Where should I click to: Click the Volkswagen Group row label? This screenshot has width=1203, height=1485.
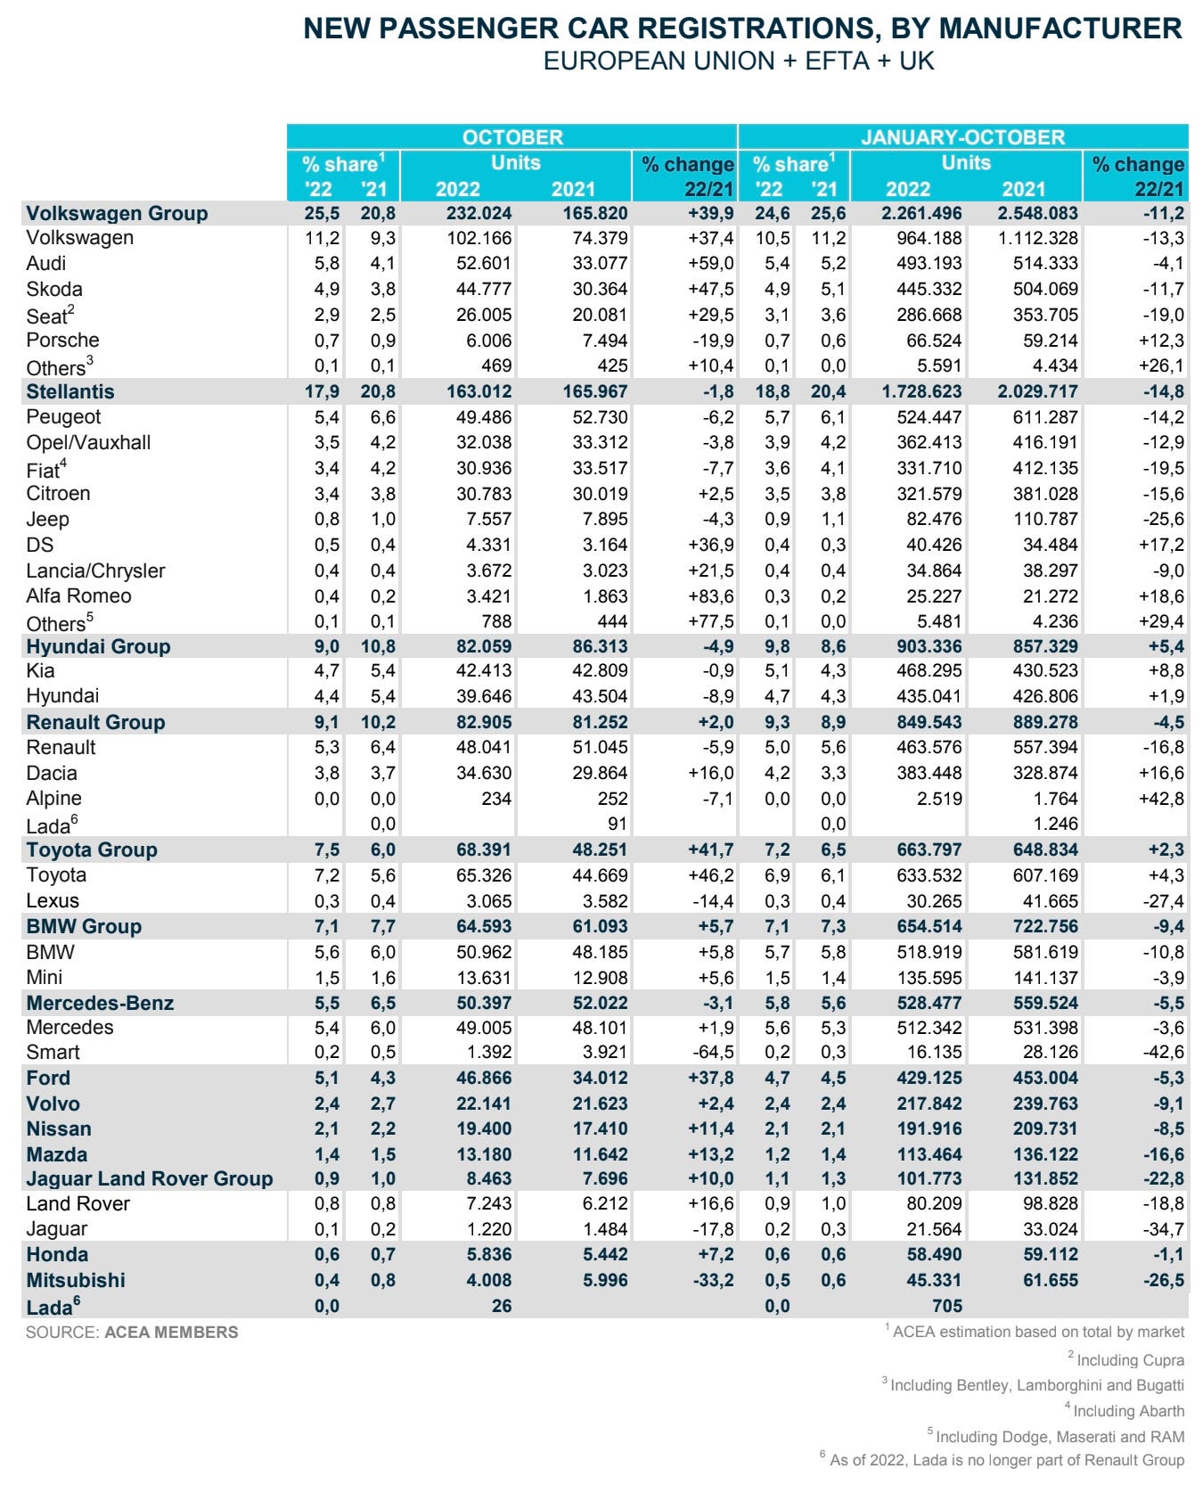[117, 213]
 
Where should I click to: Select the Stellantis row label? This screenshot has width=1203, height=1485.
[70, 391]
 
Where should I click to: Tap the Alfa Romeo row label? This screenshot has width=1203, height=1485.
[78, 595]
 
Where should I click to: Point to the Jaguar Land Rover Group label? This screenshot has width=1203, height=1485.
[150, 1178]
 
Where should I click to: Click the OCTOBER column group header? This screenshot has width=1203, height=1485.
[512, 137]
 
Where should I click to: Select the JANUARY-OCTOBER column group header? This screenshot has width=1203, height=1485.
[962, 137]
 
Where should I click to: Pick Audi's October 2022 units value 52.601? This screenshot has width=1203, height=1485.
[484, 263]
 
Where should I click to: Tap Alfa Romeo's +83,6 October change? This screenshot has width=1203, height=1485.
[710, 595]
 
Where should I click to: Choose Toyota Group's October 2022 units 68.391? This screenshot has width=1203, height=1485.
[484, 849]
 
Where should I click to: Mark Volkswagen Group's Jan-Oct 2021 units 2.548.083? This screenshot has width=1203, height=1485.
[1023, 213]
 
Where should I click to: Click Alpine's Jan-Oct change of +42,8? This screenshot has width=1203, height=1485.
[1160, 799]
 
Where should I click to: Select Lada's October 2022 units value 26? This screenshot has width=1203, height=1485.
[502, 1306]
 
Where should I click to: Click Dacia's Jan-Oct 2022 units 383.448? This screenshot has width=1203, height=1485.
[929, 773]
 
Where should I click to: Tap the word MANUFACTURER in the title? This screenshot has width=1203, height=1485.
[1060, 29]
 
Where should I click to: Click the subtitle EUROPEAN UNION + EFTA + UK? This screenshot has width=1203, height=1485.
[739, 61]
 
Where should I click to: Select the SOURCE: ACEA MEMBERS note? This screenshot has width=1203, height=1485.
[132, 1333]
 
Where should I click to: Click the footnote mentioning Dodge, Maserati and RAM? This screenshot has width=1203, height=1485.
[1056, 1436]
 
